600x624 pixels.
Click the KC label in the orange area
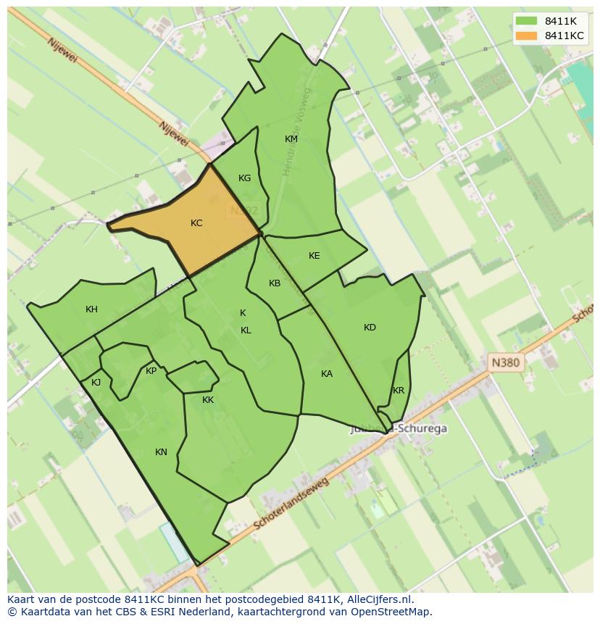pyautogui.click(x=196, y=223)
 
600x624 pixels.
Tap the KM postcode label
pyautogui.click(x=291, y=139)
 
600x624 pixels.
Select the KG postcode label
pyautogui.click(x=245, y=178)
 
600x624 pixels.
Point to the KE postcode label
pyautogui.click(x=314, y=256)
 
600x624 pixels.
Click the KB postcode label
pyautogui.click(x=275, y=283)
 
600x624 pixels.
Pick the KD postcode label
pyautogui.click(x=370, y=328)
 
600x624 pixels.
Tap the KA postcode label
pyautogui.click(x=327, y=374)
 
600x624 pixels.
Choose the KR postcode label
pyautogui.click(x=399, y=391)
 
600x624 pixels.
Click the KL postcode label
pyautogui.click(x=246, y=330)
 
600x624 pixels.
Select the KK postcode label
pyautogui.click(x=208, y=400)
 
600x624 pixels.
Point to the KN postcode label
pyautogui.click(x=161, y=452)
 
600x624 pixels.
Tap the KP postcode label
pyautogui.click(x=151, y=371)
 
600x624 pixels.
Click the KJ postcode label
pyautogui.click(x=96, y=383)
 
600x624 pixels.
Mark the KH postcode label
pyautogui.click(x=91, y=309)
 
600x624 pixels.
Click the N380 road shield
pyautogui.click(x=505, y=362)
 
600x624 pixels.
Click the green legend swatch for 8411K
pyautogui.click(x=526, y=21)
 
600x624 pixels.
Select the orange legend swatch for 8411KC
pyautogui.click(x=526, y=36)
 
